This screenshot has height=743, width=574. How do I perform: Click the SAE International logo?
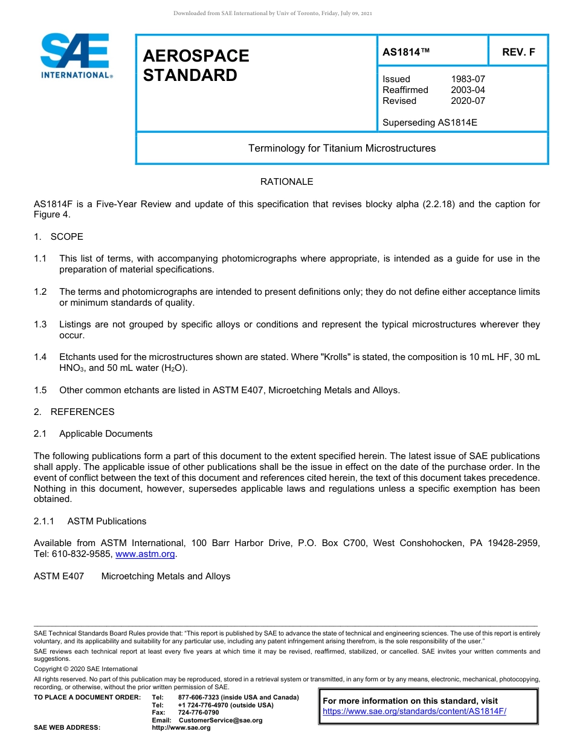pos(76,56)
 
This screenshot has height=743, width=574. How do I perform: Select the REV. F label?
pos(518,53)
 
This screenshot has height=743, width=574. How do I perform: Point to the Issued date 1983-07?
pos(468,79)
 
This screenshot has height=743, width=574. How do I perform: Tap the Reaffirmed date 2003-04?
pos(468,90)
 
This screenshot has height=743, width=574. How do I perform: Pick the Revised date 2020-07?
pos(468,101)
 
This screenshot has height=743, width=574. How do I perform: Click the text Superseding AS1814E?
pos(430,123)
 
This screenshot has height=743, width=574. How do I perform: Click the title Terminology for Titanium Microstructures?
pos(341,148)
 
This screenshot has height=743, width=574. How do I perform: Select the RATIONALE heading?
pos(286,182)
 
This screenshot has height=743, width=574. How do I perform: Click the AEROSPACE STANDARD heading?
pos(196,65)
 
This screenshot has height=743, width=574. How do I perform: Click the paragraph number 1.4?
pos(40,357)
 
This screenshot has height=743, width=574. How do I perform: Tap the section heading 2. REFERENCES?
pos(74,412)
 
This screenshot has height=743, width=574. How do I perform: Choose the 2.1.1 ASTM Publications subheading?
pos(90,521)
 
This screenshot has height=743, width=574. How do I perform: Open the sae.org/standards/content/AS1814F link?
pos(414,711)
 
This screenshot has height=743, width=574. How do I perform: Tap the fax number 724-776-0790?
pos(198,713)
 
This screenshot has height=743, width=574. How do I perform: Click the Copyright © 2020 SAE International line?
pos(86,669)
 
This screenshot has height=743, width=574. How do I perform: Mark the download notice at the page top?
pos(272,13)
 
